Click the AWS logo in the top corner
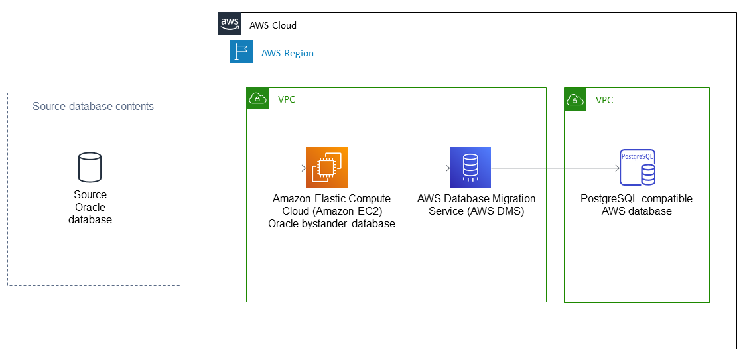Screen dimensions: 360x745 pyautogui.click(x=230, y=23)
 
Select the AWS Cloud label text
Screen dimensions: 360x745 pyautogui.click(x=273, y=25)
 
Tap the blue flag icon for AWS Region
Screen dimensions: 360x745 pyautogui.click(x=241, y=52)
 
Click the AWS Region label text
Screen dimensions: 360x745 pyautogui.click(x=287, y=53)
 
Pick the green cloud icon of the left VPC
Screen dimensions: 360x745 pyautogui.click(x=257, y=99)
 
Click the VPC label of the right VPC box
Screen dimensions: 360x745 pyautogui.click(x=604, y=100)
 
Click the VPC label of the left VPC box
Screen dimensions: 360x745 pyautogui.click(x=287, y=100)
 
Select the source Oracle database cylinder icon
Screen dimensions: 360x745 pyautogui.click(x=90, y=167)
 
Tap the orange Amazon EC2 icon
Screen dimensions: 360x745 pyautogui.click(x=326, y=167)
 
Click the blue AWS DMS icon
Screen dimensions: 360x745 pyautogui.click(x=470, y=167)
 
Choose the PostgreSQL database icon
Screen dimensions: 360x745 pyautogui.click(x=638, y=167)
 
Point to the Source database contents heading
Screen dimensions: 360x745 pyautogui.click(x=94, y=106)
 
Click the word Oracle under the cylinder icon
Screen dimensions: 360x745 pyautogui.click(x=90, y=207)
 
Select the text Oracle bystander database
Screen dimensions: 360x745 pyautogui.click(x=332, y=223)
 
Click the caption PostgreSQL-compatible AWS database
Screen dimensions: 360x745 pyautogui.click(x=636, y=205)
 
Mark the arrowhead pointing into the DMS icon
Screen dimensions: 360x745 pyautogui.click(x=447, y=168)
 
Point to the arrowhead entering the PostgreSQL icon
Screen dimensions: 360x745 pyautogui.click(x=617, y=168)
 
